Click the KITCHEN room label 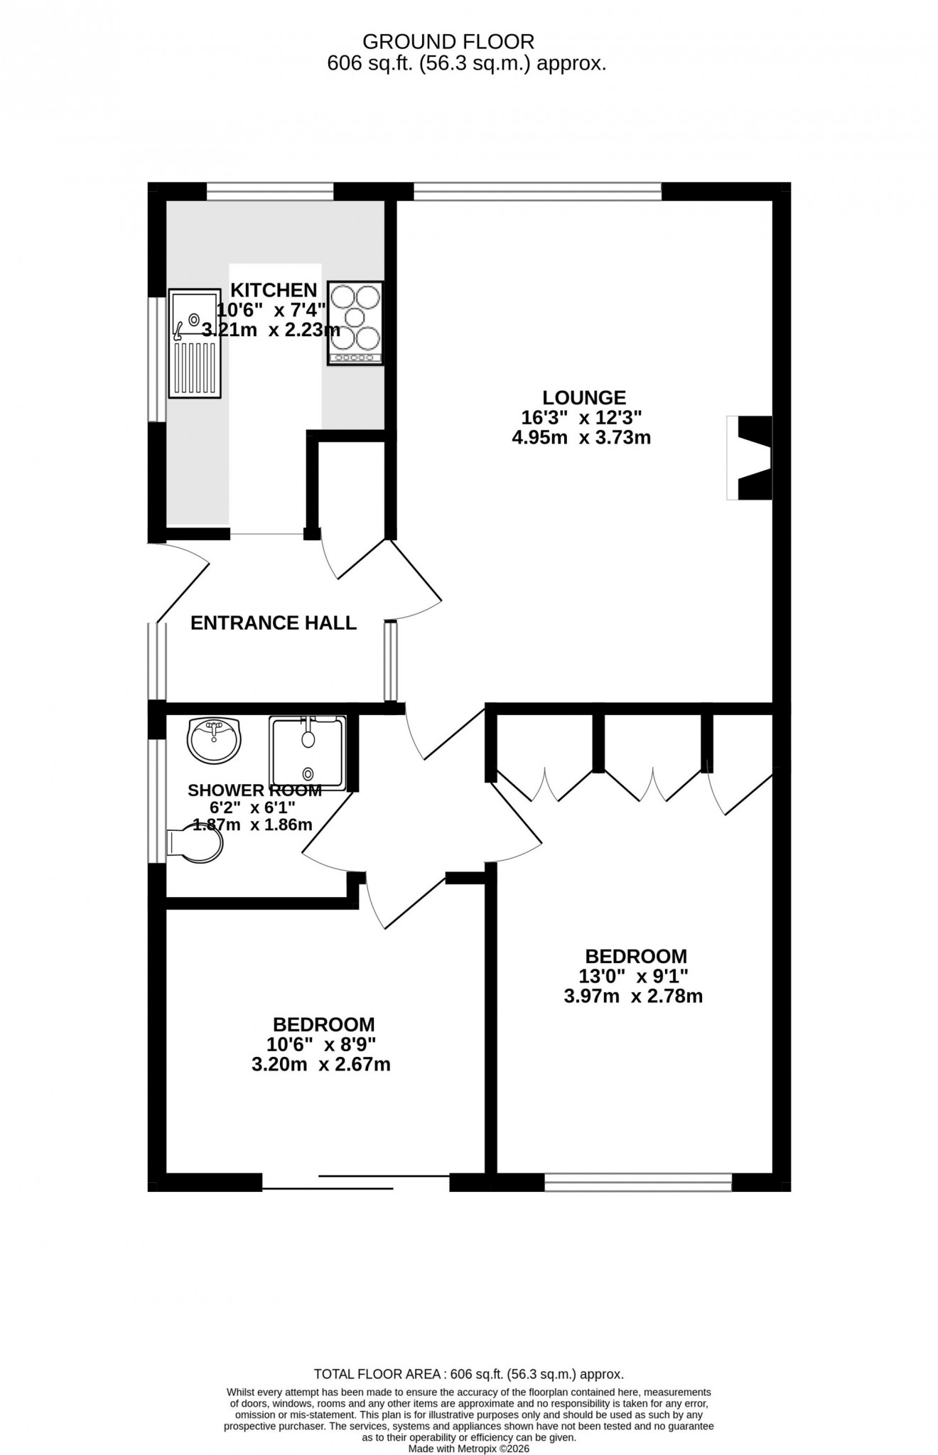(274, 290)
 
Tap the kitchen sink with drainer (195, 343)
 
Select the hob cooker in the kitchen (355, 323)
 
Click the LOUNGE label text (584, 397)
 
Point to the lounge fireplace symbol (753, 458)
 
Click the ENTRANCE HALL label (274, 623)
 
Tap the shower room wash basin (214, 739)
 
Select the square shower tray (307, 753)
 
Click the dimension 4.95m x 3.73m (581, 438)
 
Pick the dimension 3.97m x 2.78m (633, 997)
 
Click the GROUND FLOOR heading (448, 41)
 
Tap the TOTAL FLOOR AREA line (468, 1375)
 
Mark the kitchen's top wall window (270, 191)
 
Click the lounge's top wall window (537, 191)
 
